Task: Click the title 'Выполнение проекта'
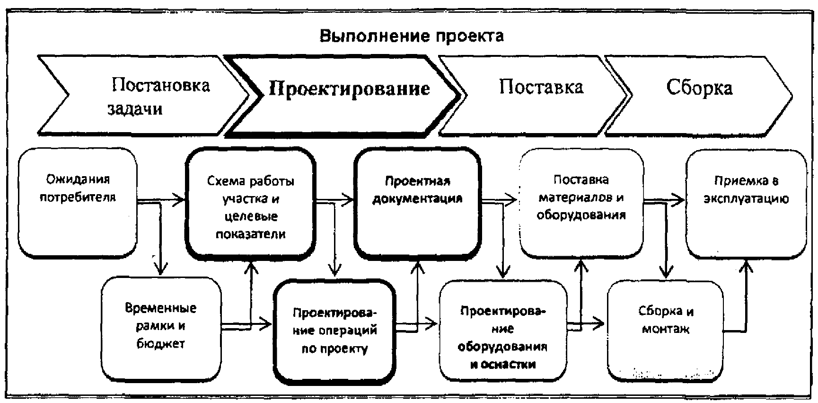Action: [x=412, y=36]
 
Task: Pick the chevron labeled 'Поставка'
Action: [x=535, y=95]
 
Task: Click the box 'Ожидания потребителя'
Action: [x=78, y=202]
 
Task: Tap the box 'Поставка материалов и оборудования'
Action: [x=581, y=203]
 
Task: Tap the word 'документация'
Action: [x=417, y=199]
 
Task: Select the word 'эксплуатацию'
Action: [x=746, y=199]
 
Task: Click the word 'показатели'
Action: [x=251, y=234]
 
